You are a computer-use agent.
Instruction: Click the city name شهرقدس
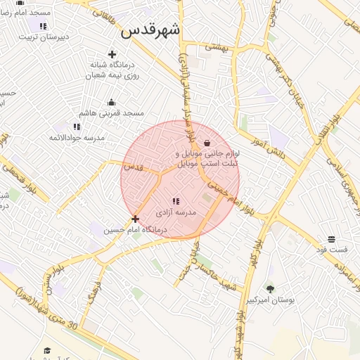click(x=150, y=30)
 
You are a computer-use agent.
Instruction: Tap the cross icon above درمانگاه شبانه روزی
click(x=111, y=54)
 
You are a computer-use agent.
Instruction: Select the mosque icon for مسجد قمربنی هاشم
click(x=111, y=102)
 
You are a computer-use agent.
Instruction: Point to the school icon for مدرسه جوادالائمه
click(x=77, y=127)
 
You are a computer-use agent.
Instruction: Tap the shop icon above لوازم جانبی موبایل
click(x=206, y=142)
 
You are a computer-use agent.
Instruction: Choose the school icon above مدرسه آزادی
click(x=175, y=201)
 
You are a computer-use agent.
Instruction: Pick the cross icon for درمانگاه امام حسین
click(x=135, y=219)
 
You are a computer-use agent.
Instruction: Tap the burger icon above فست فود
click(x=331, y=239)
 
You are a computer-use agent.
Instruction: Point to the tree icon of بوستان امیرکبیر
click(x=270, y=288)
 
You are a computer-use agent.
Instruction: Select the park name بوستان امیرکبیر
click(x=270, y=300)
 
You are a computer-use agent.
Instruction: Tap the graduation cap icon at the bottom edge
click(x=47, y=350)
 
